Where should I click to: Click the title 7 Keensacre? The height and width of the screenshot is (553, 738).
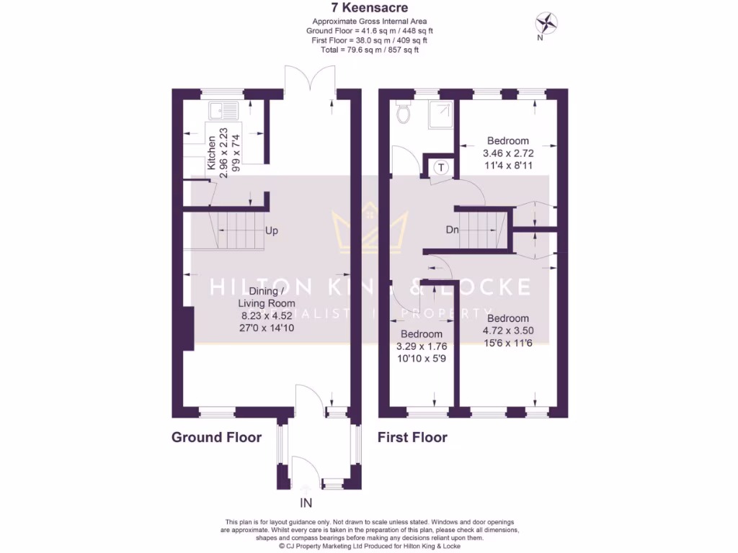point(369,9)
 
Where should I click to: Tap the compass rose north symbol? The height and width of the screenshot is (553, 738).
point(548,22)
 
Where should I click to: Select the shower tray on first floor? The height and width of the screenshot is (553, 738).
point(440,112)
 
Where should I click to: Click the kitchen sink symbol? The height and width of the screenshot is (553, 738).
point(223,111)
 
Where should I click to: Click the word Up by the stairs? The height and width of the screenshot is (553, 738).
point(272,232)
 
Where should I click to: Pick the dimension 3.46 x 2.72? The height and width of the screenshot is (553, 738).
point(507,153)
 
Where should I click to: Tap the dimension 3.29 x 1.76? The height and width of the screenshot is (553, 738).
point(422,346)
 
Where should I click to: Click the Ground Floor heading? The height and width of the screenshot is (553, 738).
point(216,437)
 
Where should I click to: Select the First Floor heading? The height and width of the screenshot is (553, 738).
point(413,437)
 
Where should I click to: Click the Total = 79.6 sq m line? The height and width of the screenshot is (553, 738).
point(368,50)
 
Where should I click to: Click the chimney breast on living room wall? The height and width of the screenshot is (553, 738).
point(188,328)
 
